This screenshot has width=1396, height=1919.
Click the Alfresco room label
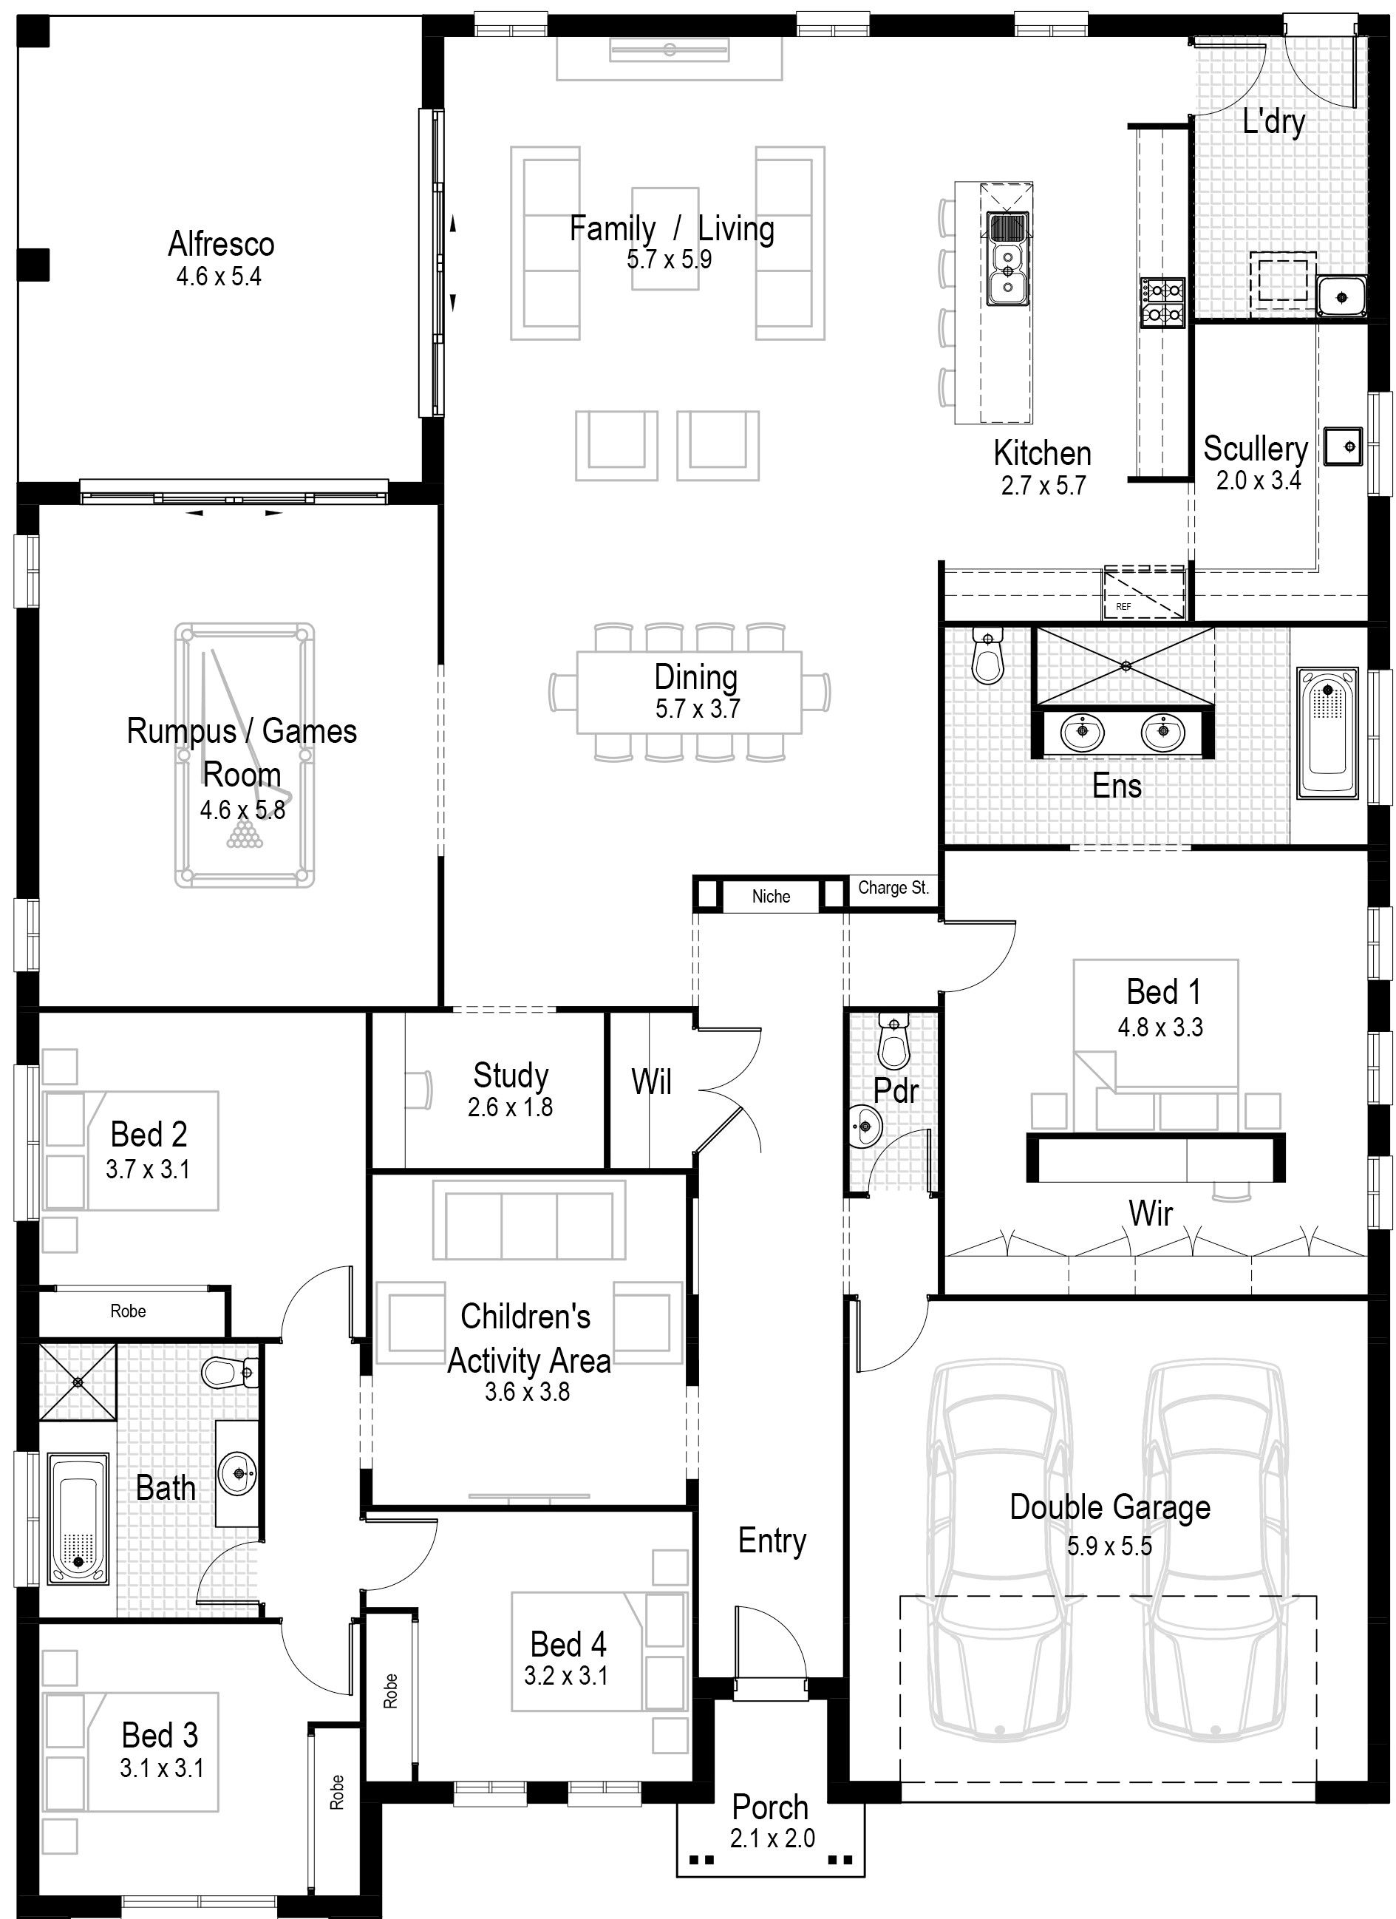(x=221, y=245)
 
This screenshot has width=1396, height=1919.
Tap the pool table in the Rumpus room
(x=245, y=755)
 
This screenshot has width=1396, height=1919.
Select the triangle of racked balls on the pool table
(x=245, y=835)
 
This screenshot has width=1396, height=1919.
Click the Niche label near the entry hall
(x=771, y=896)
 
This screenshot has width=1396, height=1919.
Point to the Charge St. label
(x=893, y=888)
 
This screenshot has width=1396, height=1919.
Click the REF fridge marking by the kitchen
(x=1123, y=607)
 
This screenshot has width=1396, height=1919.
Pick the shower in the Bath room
(x=78, y=1382)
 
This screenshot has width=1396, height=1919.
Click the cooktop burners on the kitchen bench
(x=1162, y=303)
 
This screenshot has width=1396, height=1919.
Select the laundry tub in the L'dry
(x=1341, y=297)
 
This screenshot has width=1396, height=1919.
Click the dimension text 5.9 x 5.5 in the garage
(x=1109, y=1546)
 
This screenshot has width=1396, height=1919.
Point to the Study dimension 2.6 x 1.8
(x=510, y=1107)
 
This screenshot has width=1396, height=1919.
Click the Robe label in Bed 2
(x=128, y=1311)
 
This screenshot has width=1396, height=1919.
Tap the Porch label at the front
(x=770, y=1807)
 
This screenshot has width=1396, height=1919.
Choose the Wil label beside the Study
(x=652, y=1082)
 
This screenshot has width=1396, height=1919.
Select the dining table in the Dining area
(x=690, y=692)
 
